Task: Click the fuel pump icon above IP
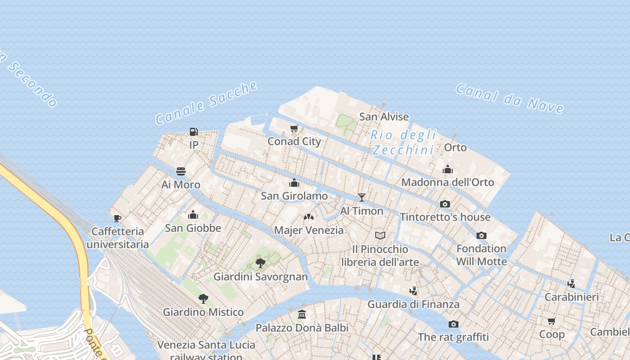click(194, 132)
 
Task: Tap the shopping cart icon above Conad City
click(294, 129)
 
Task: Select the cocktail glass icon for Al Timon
click(361, 197)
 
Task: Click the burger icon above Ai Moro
click(181, 171)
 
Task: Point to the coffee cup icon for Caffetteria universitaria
click(117, 218)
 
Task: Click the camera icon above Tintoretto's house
click(445, 204)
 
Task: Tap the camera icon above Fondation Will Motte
click(481, 235)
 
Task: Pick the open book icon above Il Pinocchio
click(380, 235)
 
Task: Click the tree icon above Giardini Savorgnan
click(260, 263)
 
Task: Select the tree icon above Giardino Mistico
click(203, 298)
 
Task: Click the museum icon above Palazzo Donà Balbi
click(302, 314)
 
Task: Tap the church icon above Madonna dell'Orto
click(447, 169)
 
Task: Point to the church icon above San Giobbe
click(193, 215)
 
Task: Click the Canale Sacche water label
click(207, 103)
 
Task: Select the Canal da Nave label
click(509, 98)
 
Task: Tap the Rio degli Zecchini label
click(403, 142)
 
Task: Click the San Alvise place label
click(384, 117)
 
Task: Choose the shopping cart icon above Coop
click(552, 321)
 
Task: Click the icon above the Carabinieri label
click(571, 283)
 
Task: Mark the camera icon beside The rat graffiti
click(453, 324)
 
